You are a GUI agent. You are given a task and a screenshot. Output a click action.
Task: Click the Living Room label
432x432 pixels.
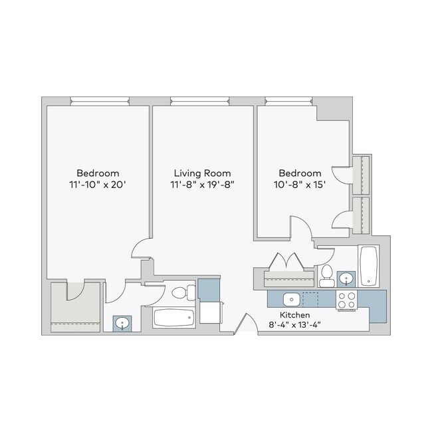203,173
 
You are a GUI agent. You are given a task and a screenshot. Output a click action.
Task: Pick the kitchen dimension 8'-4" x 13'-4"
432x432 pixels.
300,325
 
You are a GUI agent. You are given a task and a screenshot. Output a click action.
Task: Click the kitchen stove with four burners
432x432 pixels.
346,300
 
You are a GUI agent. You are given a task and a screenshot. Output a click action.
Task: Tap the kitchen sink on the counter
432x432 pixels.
291,298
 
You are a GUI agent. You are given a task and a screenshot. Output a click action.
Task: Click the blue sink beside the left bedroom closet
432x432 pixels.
122,323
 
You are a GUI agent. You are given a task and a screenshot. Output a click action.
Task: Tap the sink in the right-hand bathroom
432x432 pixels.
346,278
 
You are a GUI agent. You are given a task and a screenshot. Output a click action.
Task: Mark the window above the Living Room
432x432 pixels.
199,102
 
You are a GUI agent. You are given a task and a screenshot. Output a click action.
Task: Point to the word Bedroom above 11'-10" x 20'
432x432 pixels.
97,173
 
